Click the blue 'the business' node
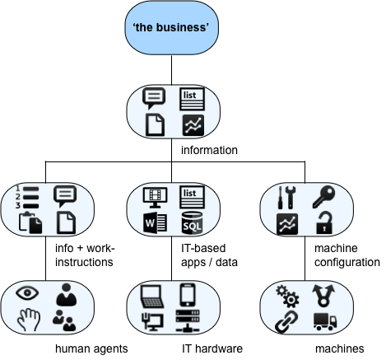[x=172, y=27]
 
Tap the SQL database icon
[x=193, y=222]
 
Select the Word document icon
[x=155, y=222]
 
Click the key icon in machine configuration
[x=323, y=197]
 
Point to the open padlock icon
[x=324, y=222]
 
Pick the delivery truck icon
[x=325, y=321]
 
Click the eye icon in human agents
[x=27, y=292]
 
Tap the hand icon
[x=29, y=320]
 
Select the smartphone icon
[x=188, y=295]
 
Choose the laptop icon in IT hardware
[x=152, y=297]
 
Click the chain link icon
[x=286, y=321]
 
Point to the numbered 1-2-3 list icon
[x=27, y=198]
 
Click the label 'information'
[x=209, y=150]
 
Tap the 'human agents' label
[x=91, y=348]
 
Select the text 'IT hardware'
[x=212, y=348]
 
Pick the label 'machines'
[x=340, y=348]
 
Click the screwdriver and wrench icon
[x=286, y=198]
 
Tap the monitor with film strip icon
[x=156, y=198]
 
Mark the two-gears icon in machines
[x=287, y=297]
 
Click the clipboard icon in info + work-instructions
[x=30, y=222]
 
